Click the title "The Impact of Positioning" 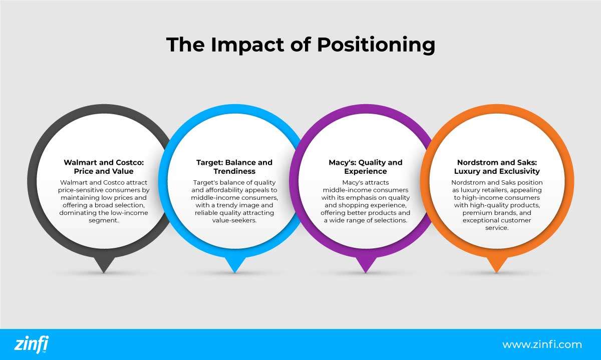pos(300,45)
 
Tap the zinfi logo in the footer pos(32,344)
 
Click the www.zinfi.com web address pos(542,344)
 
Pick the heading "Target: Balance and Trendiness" pos(234,167)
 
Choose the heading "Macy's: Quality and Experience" pos(365,167)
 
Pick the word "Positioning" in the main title pos(376,45)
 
